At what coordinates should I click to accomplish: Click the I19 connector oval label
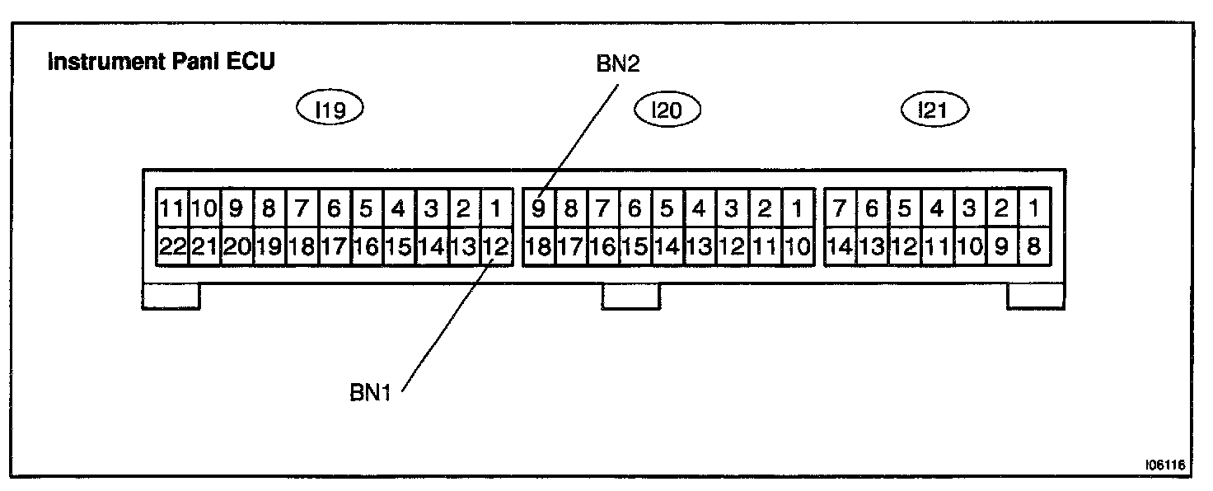[330, 110]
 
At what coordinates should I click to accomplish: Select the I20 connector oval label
[666, 110]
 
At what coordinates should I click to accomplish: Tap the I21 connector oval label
[934, 110]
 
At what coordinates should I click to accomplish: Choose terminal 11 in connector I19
[172, 209]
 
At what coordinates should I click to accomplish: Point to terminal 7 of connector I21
[840, 209]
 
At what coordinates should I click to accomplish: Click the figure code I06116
[1164, 465]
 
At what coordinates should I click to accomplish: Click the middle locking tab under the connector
[630, 297]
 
